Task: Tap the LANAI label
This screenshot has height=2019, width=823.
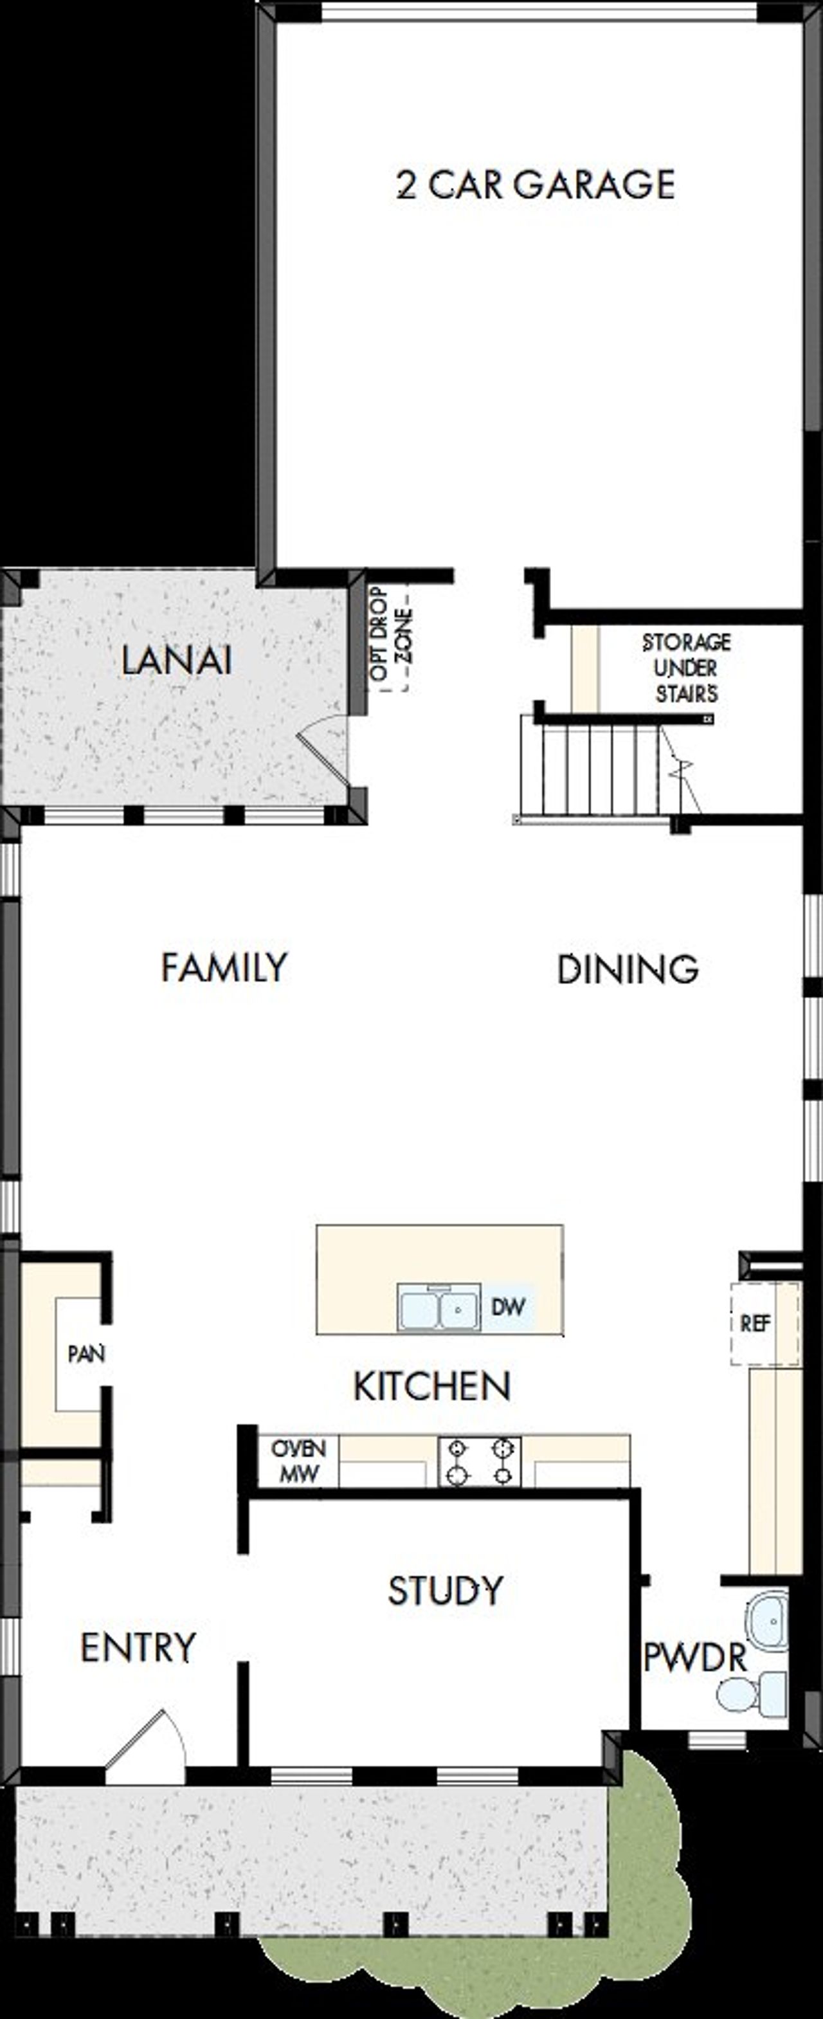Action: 176,661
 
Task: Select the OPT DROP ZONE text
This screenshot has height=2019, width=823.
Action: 390,635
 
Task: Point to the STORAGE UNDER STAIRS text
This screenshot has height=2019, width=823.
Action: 686,668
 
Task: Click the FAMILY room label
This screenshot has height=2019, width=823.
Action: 224,967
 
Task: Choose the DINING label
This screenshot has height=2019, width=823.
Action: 627,969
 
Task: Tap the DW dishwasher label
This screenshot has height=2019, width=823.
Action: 508,1306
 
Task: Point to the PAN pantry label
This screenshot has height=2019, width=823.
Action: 86,1353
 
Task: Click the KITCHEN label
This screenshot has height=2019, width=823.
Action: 432,1387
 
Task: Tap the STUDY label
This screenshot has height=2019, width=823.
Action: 445,1591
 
